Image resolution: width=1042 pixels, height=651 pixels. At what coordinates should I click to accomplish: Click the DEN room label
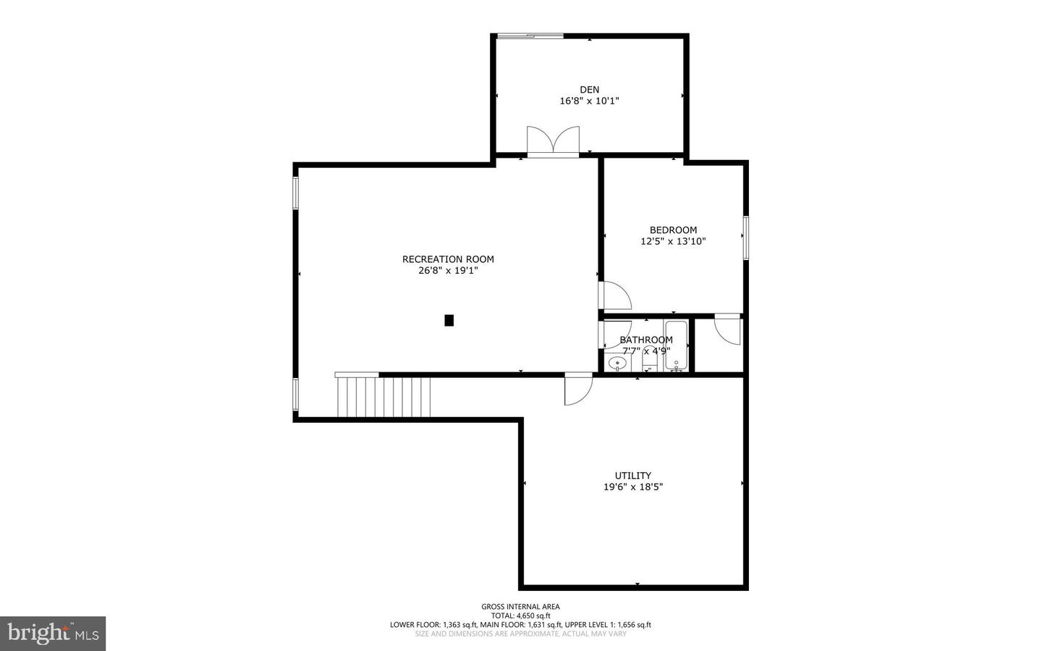(x=589, y=90)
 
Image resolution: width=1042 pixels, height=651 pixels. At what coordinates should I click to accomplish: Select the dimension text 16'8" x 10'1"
(x=589, y=101)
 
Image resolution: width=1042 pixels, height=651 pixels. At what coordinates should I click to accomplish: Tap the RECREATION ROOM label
(x=448, y=259)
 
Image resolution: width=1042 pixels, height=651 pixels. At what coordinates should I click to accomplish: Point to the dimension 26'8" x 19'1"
(x=448, y=271)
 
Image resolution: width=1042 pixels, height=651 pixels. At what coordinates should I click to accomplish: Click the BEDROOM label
(x=673, y=230)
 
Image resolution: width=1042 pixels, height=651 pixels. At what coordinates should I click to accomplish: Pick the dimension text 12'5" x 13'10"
(x=673, y=242)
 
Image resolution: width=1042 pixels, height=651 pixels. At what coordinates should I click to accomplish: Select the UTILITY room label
(x=632, y=476)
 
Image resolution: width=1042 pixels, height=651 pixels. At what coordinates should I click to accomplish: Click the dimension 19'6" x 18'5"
(x=632, y=487)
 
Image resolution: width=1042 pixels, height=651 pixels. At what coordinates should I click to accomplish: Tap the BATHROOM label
(x=645, y=340)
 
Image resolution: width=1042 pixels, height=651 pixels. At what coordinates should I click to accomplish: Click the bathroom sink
(x=617, y=364)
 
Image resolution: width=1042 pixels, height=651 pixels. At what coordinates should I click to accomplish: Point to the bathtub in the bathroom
(x=677, y=345)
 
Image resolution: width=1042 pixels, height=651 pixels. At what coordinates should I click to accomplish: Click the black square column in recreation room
(x=449, y=320)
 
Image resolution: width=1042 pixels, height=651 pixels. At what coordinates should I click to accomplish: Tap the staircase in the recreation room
(x=384, y=396)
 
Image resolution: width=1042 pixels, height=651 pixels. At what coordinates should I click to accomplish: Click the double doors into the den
(x=553, y=142)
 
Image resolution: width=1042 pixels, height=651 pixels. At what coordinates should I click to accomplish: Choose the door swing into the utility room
(x=577, y=389)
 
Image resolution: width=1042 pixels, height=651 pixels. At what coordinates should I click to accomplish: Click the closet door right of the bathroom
(x=727, y=330)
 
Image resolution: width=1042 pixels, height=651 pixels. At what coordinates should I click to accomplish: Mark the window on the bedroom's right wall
(x=745, y=238)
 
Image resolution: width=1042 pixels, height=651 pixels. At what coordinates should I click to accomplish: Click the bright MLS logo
(x=53, y=634)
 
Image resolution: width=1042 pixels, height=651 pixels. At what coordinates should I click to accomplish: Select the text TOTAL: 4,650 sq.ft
(x=520, y=616)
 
